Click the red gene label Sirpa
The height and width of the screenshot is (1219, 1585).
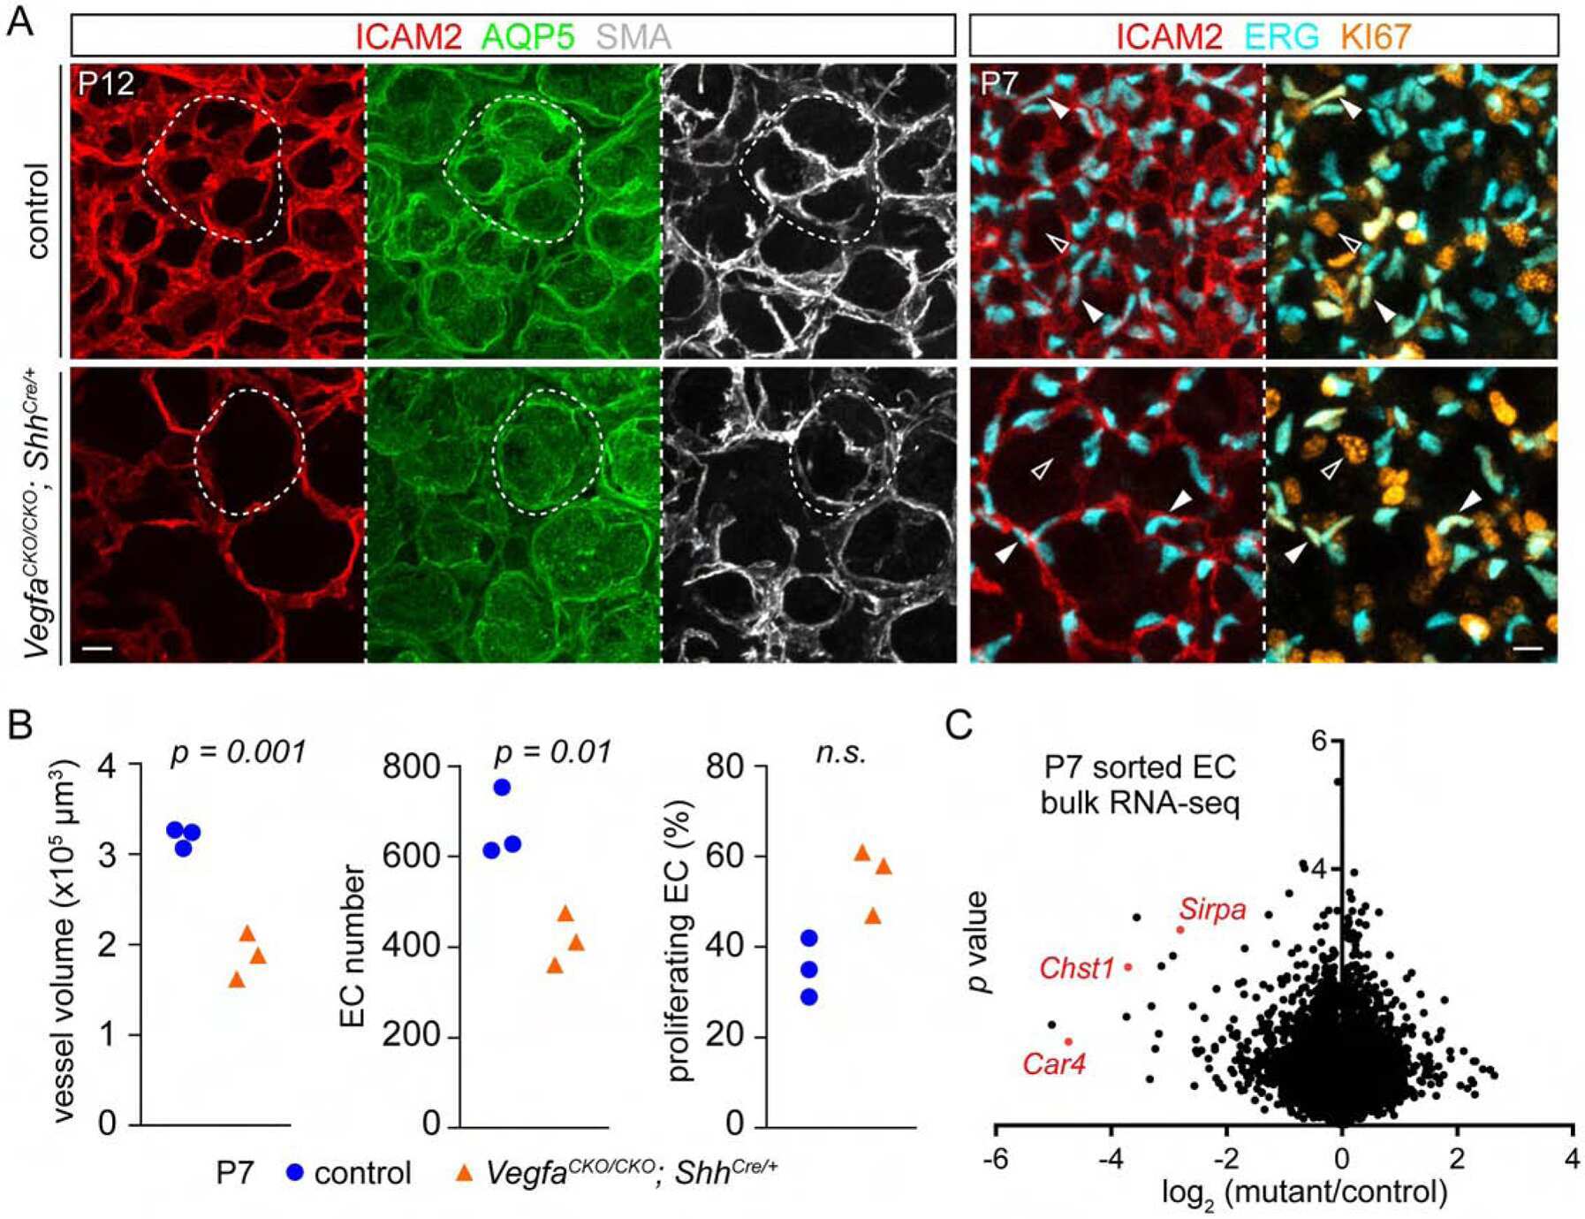1212,910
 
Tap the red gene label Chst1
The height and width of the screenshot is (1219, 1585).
1076,969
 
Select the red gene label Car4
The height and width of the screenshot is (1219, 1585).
1053,1063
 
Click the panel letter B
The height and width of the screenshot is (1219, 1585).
19,725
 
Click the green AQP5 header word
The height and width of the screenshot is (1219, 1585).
527,37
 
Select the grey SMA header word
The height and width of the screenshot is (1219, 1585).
633,37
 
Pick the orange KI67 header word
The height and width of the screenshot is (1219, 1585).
1375,37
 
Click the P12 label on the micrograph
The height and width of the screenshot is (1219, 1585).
106,84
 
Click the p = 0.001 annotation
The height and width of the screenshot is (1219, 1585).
237,752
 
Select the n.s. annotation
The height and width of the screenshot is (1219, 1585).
840,752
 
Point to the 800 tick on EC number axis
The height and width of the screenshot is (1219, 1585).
412,766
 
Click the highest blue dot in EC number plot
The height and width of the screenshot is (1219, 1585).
502,788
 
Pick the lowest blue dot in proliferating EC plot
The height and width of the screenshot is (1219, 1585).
808,997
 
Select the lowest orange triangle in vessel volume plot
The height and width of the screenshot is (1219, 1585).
237,979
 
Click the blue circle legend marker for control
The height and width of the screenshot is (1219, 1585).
294,1173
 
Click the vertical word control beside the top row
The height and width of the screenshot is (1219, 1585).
39,210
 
